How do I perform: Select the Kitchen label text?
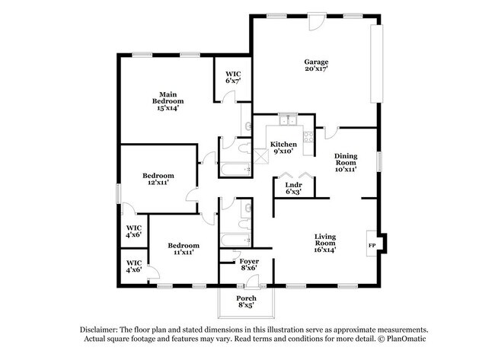point(282,144)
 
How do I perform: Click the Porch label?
point(246,298)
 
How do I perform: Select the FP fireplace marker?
point(372,246)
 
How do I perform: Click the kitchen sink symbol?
point(287,119)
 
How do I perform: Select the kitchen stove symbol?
point(308,137)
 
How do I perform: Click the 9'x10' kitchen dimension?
point(282,152)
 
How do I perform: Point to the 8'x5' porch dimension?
point(246,306)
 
